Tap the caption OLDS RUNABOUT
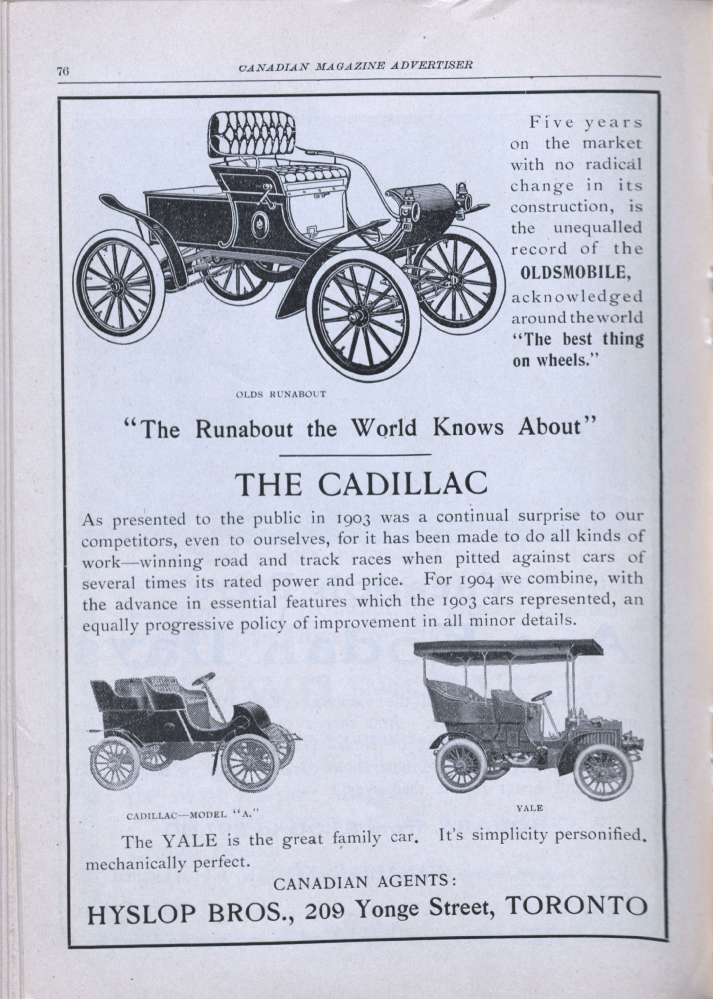tap(281, 394)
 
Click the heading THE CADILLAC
tap(361, 483)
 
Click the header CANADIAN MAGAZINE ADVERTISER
tap(356, 66)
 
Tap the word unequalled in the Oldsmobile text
tap(597, 228)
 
